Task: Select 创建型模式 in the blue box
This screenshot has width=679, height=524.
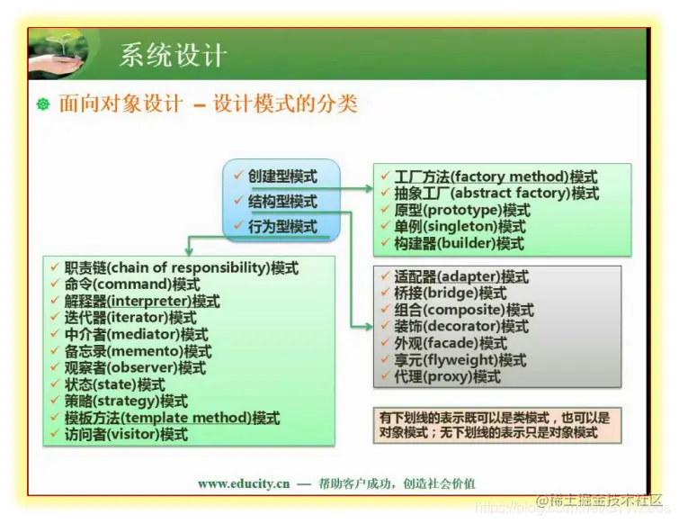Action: point(282,176)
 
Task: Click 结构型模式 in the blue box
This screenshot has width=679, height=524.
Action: point(282,202)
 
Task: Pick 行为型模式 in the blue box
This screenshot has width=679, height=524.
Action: point(282,227)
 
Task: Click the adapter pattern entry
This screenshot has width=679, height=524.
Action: point(461,276)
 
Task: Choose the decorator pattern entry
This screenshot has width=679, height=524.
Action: point(461,326)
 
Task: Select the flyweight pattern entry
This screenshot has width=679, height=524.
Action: point(460,360)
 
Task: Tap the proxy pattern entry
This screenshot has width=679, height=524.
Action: point(447,376)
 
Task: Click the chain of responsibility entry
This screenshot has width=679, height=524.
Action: point(181,267)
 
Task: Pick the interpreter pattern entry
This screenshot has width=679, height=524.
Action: point(142,301)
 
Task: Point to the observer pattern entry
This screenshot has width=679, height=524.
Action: point(135,367)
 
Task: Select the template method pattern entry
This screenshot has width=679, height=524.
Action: point(172,418)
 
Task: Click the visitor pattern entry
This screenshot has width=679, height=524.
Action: point(126,434)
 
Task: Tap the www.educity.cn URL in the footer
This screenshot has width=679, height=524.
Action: point(244,483)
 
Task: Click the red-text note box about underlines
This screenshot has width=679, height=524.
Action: point(497,425)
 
